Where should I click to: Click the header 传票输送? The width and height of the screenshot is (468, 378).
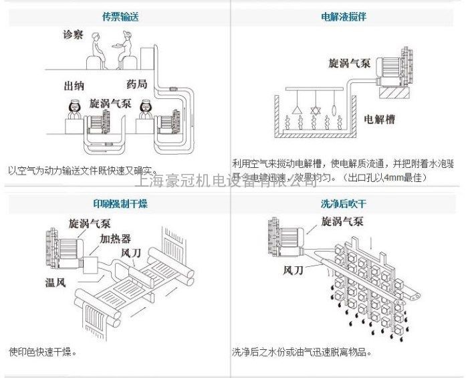pos(116,17)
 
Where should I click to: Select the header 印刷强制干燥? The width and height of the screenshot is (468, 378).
pos(116,204)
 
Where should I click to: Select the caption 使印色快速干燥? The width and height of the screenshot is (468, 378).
pos(42,351)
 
